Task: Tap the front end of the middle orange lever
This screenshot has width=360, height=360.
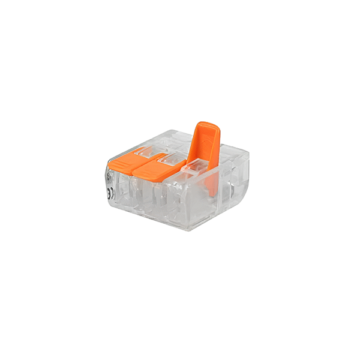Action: [142, 175]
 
